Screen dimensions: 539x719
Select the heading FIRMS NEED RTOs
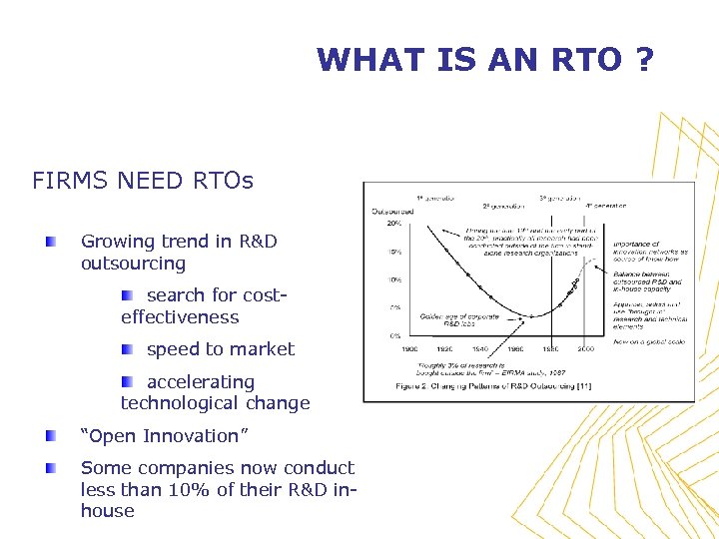point(143,181)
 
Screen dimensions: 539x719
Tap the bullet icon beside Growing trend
point(50,242)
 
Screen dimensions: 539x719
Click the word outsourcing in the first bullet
point(133,264)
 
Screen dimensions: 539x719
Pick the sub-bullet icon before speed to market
point(127,349)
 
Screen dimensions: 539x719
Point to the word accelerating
point(201,381)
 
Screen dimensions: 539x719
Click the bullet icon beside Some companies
point(50,468)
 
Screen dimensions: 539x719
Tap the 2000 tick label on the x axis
point(584,348)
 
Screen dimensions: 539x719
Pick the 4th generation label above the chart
point(605,206)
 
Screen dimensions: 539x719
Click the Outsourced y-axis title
point(392,211)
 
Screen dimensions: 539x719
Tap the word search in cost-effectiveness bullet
point(175,295)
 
